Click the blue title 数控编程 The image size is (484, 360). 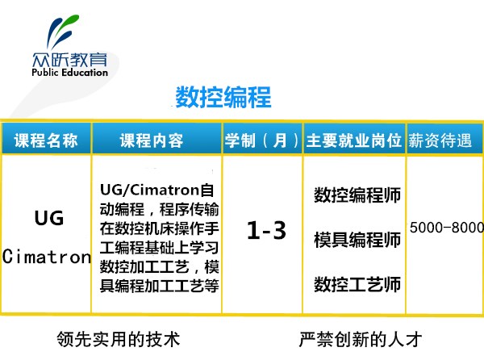(x=223, y=97)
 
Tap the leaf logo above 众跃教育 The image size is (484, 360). (x=63, y=31)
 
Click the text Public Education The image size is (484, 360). (x=69, y=73)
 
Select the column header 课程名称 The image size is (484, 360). (x=46, y=140)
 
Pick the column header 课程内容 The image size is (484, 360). (x=152, y=140)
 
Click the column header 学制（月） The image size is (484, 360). (x=261, y=140)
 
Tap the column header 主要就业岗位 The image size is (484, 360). (x=354, y=140)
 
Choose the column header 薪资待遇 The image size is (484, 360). (x=440, y=140)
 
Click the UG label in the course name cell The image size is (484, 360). (x=49, y=218)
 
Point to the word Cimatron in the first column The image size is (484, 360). (x=47, y=257)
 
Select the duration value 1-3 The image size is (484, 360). (x=266, y=230)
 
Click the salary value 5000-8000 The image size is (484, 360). (x=447, y=228)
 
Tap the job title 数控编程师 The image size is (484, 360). (x=357, y=195)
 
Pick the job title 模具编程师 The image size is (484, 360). (x=357, y=240)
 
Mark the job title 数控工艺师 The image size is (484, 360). (x=357, y=284)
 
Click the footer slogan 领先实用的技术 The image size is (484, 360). (x=119, y=339)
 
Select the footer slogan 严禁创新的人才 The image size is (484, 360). (x=361, y=339)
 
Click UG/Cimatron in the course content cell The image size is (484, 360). (x=150, y=190)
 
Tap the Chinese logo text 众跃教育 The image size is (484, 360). (x=69, y=59)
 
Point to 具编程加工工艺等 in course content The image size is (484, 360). (x=159, y=286)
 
